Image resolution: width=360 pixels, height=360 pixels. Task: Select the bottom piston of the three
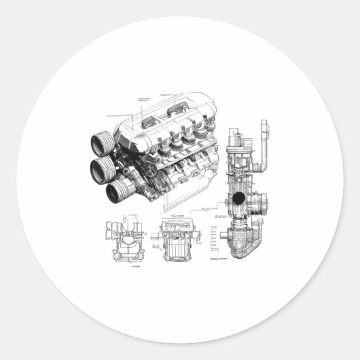[120, 191]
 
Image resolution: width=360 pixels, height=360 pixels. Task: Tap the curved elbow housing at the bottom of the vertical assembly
[242, 241]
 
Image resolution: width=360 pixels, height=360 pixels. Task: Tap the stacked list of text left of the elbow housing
[215, 235]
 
